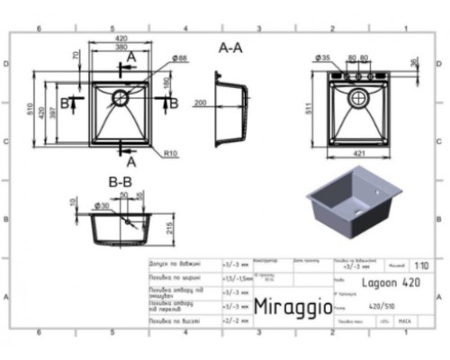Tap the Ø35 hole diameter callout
[321, 58]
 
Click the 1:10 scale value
[419, 266]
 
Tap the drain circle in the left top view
[120, 95]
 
